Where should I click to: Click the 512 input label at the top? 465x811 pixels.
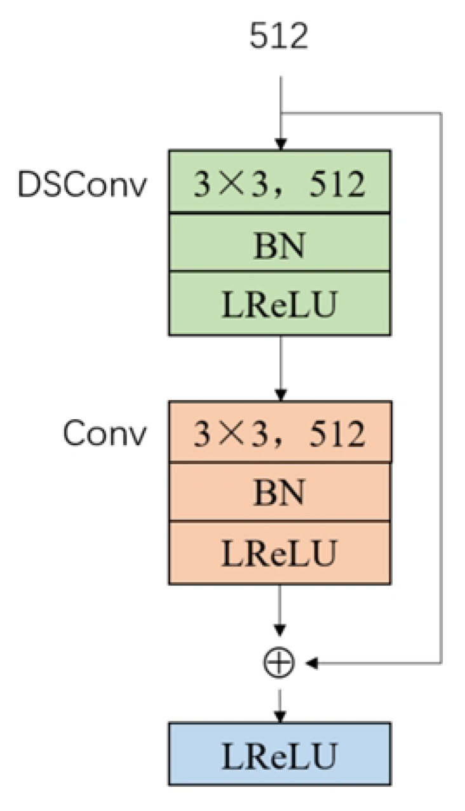(x=279, y=39)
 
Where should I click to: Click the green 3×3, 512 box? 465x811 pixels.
(x=279, y=182)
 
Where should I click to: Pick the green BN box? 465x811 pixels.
(x=279, y=243)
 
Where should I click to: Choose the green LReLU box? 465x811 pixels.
(x=279, y=304)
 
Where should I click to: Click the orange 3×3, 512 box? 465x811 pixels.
(x=279, y=432)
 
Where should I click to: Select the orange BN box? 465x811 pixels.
(x=279, y=492)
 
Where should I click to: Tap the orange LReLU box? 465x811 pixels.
(x=279, y=553)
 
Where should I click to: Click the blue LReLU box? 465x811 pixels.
(x=279, y=753)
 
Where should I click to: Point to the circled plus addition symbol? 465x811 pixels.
(x=279, y=663)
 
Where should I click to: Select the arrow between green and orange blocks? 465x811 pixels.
(x=280, y=368)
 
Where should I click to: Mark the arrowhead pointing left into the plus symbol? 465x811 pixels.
(x=311, y=663)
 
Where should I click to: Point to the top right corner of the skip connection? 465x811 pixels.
(x=440, y=114)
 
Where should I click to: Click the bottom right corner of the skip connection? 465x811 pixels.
(x=440, y=663)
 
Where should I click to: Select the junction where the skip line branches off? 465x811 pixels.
(x=280, y=114)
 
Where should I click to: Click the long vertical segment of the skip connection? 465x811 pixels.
(x=440, y=387)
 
